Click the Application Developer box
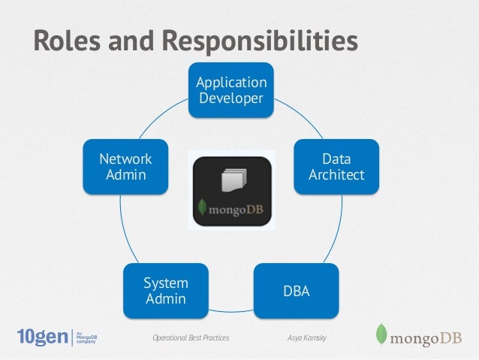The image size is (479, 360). pos(231,90)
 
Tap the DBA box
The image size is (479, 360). pos(296,289)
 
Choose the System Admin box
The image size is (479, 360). pos(165,291)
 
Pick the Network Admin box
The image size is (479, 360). pos(126,168)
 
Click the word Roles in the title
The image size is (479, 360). pos(67,42)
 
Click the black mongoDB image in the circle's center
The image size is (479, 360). pos(230,191)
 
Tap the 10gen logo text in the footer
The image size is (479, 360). pos(42,337)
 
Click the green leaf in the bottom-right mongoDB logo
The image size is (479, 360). pos(381,335)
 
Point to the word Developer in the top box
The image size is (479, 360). pos(231,98)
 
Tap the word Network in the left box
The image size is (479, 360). pos(126,159)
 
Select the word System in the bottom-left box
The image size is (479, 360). pos(165,283)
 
